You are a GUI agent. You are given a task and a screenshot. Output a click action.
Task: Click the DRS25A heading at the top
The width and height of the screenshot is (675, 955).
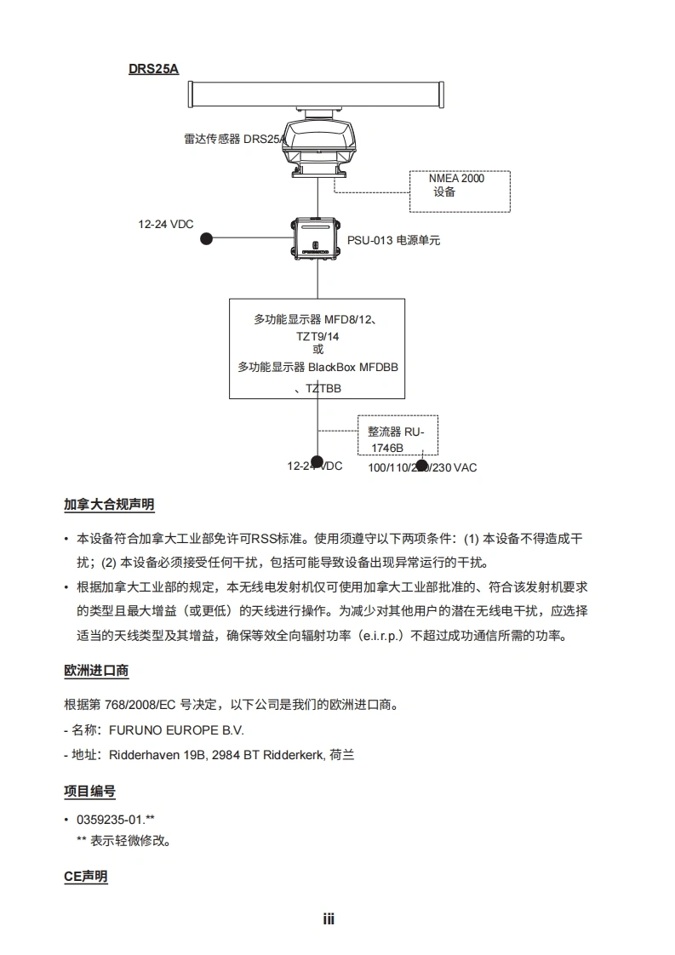(x=153, y=69)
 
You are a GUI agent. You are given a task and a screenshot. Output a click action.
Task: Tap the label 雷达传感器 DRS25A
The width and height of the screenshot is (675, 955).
(x=234, y=139)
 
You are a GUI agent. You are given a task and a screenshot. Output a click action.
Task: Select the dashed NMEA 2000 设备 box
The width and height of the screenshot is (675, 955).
(x=460, y=192)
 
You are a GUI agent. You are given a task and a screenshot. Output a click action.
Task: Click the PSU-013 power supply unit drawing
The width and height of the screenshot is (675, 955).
(x=316, y=240)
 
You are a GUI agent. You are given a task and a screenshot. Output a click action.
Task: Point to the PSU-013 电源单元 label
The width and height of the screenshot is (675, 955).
(x=393, y=241)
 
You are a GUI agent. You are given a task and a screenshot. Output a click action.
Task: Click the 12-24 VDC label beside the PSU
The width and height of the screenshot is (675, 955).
(x=166, y=225)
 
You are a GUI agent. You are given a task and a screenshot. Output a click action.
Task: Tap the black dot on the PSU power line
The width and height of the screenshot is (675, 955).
(x=206, y=239)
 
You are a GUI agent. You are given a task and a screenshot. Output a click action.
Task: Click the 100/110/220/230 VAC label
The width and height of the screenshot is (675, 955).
(x=422, y=467)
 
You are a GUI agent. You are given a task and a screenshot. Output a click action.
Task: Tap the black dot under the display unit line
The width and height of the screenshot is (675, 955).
(x=316, y=463)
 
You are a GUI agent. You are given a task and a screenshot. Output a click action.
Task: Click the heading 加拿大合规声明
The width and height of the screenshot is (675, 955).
(x=109, y=505)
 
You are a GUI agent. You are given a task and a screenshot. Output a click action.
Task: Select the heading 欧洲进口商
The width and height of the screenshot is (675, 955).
(x=96, y=671)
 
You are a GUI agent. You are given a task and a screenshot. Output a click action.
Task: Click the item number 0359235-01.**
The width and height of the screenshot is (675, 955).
(x=116, y=820)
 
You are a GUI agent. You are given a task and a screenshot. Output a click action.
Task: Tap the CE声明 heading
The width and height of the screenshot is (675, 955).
(x=86, y=877)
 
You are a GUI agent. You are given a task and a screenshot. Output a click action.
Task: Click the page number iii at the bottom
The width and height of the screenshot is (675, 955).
(x=329, y=919)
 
